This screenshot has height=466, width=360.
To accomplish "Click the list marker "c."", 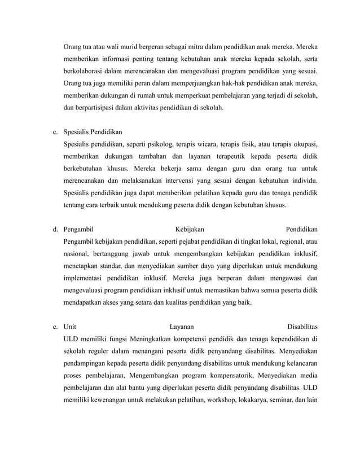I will (55, 131).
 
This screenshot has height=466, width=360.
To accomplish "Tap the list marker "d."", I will (56, 229).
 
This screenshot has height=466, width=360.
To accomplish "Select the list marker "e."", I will (55, 327).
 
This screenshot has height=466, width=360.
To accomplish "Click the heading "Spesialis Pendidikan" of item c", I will (93, 131).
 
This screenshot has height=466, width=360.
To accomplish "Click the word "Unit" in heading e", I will (70, 327).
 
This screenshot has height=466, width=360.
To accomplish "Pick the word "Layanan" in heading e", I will (183, 327).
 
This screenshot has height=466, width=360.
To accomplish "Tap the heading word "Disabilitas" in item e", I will (302, 327).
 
